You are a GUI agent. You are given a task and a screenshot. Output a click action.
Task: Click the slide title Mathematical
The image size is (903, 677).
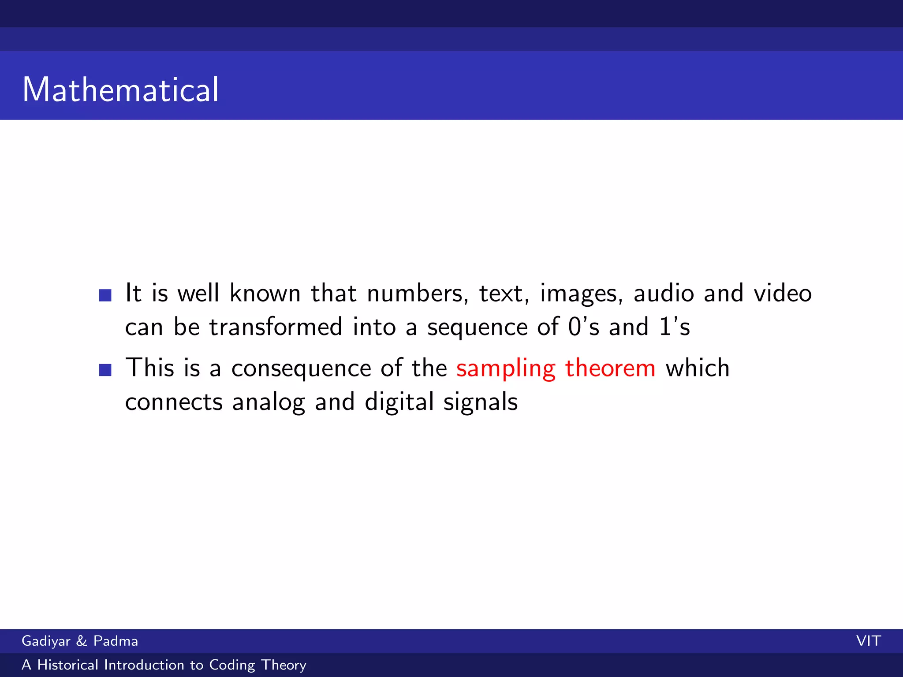coord(120,89)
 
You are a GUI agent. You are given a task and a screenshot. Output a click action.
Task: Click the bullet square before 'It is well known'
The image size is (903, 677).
coord(105,295)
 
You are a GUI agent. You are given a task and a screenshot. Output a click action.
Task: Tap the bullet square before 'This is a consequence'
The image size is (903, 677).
coord(105,369)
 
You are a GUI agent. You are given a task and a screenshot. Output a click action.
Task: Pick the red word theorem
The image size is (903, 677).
coord(610,368)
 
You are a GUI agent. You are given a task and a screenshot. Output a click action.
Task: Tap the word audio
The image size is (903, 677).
coord(664,294)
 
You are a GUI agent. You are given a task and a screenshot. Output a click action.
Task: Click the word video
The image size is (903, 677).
coord(783,294)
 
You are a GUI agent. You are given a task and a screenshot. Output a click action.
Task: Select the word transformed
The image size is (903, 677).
coord(276,327)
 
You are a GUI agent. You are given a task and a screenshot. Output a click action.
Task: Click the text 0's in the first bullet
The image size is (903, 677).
coord(583,327)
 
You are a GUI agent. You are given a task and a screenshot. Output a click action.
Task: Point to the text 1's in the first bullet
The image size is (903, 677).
coord(675,327)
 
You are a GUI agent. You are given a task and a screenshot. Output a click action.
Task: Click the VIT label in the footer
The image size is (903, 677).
coord(868,641)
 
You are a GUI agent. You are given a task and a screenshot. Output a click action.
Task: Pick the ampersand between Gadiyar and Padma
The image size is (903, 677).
coord(82,641)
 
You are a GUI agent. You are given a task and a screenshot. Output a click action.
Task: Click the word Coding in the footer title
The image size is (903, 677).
coord(232,665)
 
